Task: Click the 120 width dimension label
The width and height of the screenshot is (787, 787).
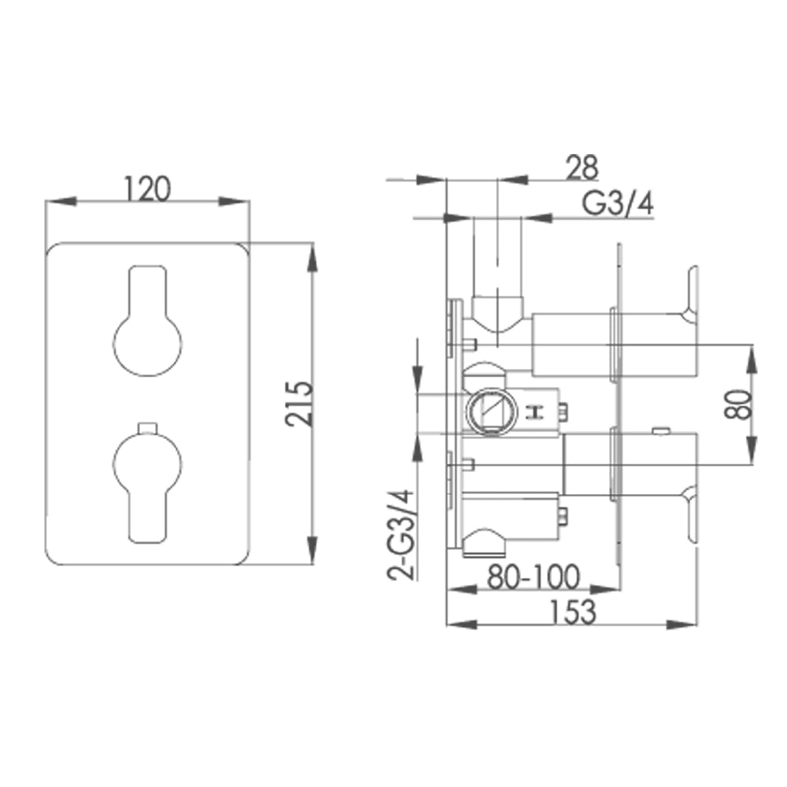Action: point(147,189)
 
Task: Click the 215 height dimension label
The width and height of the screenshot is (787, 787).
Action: point(300,403)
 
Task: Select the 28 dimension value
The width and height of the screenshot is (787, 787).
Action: point(582,167)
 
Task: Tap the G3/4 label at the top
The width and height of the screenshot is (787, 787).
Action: point(618,204)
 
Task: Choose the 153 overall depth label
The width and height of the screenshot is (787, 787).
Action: point(573,611)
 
